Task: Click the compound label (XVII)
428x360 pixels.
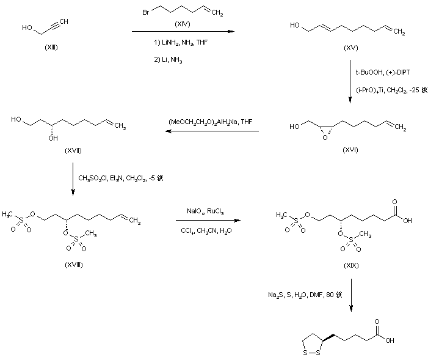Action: (x=73, y=150)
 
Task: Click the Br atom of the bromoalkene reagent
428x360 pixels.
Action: (x=147, y=11)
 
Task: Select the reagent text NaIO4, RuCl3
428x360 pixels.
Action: (x=205, y=212)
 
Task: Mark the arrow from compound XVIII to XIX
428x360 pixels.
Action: (x=208, y=221)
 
